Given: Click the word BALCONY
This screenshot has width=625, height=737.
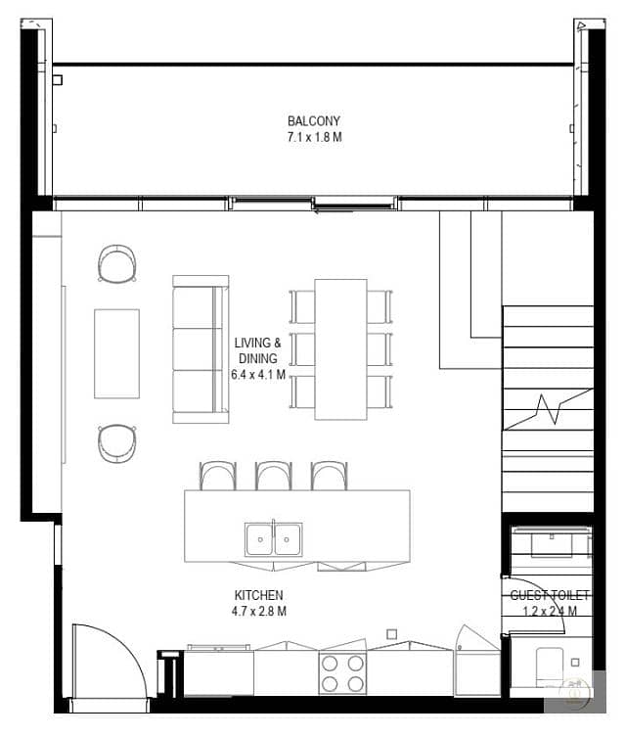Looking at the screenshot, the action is [314, 121].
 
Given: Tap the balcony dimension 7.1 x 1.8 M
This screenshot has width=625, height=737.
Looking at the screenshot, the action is [315, 137].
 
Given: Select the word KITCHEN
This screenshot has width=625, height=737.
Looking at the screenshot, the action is [259, 595].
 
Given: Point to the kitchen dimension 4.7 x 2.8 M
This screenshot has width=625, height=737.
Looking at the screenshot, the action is [259, 612].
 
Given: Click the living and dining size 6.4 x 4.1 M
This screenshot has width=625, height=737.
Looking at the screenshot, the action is [258, 375].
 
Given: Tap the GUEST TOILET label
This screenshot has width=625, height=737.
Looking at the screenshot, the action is [550, 595].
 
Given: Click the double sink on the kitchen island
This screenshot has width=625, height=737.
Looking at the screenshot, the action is [273, 539].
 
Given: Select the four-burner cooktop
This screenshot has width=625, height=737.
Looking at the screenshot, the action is [342, 672].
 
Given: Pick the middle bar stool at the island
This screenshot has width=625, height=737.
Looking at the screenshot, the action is [274, 476].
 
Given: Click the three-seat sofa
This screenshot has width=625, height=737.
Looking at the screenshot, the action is [201, 349].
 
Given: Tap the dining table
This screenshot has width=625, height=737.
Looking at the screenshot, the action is [341, 349].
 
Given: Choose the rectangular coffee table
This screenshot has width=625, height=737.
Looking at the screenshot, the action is [117, 353].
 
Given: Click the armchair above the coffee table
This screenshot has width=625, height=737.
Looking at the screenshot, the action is [117, 263].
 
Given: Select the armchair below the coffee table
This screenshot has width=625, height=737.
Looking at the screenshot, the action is [117, 443].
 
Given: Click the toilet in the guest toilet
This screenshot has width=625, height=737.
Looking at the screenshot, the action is [550, 666].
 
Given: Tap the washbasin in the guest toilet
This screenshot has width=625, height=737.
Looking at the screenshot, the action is [552, 544].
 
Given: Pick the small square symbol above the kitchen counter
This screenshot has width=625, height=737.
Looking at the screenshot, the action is [391, 634].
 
